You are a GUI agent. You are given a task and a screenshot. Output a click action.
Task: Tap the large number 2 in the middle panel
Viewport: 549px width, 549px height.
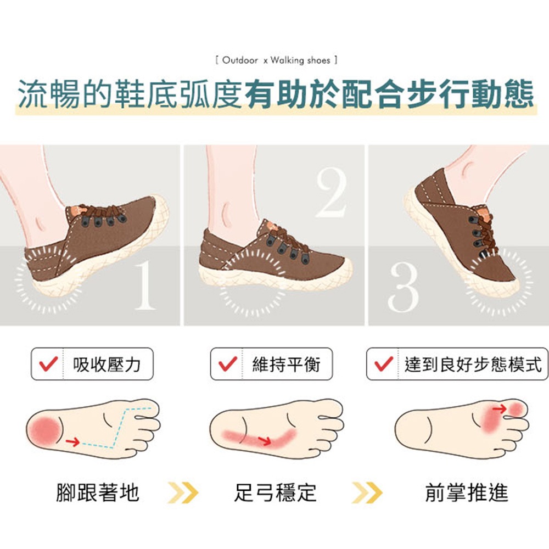331,192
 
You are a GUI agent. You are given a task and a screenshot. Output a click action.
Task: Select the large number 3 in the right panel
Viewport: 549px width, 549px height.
404,287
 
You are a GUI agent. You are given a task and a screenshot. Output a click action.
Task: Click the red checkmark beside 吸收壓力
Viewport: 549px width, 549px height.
49,364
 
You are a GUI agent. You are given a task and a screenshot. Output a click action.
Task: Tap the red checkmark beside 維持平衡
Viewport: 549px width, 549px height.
228,364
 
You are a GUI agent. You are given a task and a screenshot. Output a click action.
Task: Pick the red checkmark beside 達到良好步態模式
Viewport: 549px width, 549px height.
384,364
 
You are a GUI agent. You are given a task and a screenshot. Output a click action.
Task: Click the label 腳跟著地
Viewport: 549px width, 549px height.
98,492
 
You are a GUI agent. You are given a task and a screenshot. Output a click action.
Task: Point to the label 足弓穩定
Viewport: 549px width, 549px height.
275,492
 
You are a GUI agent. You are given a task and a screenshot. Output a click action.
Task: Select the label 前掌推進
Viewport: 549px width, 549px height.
466,492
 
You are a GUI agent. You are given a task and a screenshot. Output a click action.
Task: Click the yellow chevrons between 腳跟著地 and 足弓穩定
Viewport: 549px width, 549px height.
183,492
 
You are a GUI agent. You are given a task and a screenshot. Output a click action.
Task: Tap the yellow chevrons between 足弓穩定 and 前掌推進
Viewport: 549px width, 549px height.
367,492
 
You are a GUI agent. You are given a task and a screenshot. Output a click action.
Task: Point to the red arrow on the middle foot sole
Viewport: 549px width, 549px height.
265,440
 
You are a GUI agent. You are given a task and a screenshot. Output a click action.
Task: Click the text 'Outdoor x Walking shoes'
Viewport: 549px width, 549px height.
276,60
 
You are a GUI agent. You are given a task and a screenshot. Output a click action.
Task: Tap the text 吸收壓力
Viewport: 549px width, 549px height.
107,365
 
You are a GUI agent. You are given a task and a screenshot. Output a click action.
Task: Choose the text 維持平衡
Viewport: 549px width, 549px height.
287,365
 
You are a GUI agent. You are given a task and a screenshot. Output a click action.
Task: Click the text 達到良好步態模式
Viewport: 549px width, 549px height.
473,365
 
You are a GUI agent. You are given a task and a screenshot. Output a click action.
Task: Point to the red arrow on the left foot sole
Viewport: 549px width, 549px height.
73,442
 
